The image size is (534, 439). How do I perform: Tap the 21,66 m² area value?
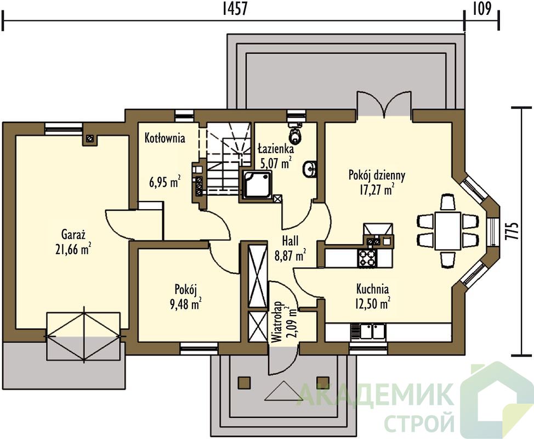(x=73, y=249)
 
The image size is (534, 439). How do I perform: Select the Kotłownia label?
(x=165, y=138)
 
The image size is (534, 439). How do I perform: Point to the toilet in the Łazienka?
(x=294, y=134)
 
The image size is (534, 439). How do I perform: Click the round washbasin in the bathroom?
(x=310, y=169)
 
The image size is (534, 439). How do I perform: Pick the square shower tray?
(x=258, y=184)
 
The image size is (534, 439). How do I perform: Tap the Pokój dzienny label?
(x=377, y=175)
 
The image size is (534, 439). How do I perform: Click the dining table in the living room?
(x=447, y=230)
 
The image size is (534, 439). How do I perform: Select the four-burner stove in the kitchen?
(x=366, y=258)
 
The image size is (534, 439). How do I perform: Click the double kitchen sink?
(x=368, y=331)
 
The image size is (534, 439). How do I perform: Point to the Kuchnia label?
(x=372, y=289)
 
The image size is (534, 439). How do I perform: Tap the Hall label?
(x=290, y=241)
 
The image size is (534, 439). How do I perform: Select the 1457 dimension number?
(x=234, y=9)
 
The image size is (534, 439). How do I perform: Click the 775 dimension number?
(x=515, y=232)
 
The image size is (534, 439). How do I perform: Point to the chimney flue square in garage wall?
(x=90, y=139)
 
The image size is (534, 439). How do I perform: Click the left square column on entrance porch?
(x=244, y=382)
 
